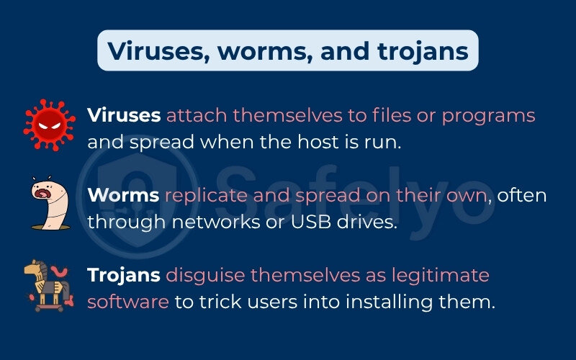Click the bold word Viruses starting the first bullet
click(124, 115)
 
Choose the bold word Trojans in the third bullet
click(124, 275)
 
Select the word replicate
click(204, 195)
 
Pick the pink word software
click(128, 301)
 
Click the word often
click(521, 195)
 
